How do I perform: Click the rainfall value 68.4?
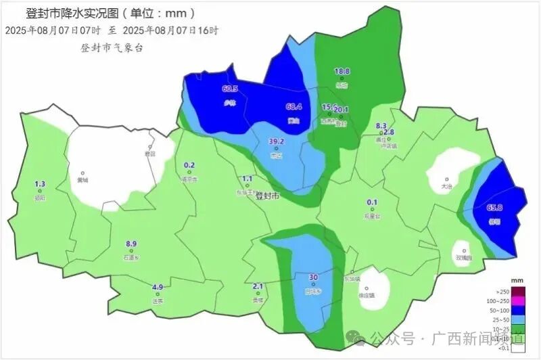pos(293,106)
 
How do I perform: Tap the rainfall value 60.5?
pos(230,89)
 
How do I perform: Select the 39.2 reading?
pos(277,141)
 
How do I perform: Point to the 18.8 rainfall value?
pos(342,71)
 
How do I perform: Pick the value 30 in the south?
pos(313,277)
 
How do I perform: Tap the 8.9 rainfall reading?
pos(131,244)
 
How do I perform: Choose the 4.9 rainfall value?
pos(158,287)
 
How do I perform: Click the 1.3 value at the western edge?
pos(40,184)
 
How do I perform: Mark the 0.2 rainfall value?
pos(189,165)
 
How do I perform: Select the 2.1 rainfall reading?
pos(258,286)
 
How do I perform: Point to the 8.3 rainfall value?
pos(381,125)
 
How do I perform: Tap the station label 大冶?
pos(446,186)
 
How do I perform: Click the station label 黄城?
pos(83,181)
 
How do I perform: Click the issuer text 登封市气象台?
pos(112,48)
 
